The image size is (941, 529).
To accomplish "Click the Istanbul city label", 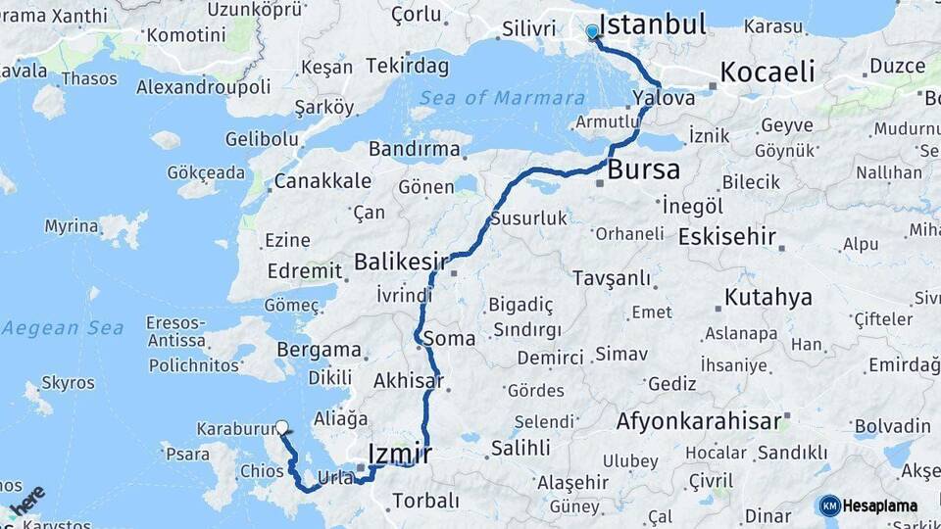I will click(652, 24).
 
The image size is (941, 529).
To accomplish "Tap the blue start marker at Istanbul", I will click(592, 32).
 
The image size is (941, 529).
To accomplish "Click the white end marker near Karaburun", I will click(282, 427).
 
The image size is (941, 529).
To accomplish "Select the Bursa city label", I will click(643, 169).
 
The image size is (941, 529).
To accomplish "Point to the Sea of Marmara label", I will click(503, 98).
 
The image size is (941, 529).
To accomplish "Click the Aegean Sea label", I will click(62, 328).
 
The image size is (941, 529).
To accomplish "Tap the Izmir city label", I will click(399, 454).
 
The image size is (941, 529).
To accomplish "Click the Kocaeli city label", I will click(768, 72).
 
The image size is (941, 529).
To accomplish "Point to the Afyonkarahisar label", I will click(699, 422).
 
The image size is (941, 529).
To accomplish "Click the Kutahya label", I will click(768, 297).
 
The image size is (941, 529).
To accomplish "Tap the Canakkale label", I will click(322, 181).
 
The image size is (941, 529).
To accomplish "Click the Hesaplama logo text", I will click(879, 505).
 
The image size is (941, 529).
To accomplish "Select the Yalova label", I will click(664, 98).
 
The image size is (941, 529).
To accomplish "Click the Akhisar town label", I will click(409, 380).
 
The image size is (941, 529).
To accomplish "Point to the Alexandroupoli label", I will click(203, 87).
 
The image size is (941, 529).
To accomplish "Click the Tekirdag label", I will click(407, 67).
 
